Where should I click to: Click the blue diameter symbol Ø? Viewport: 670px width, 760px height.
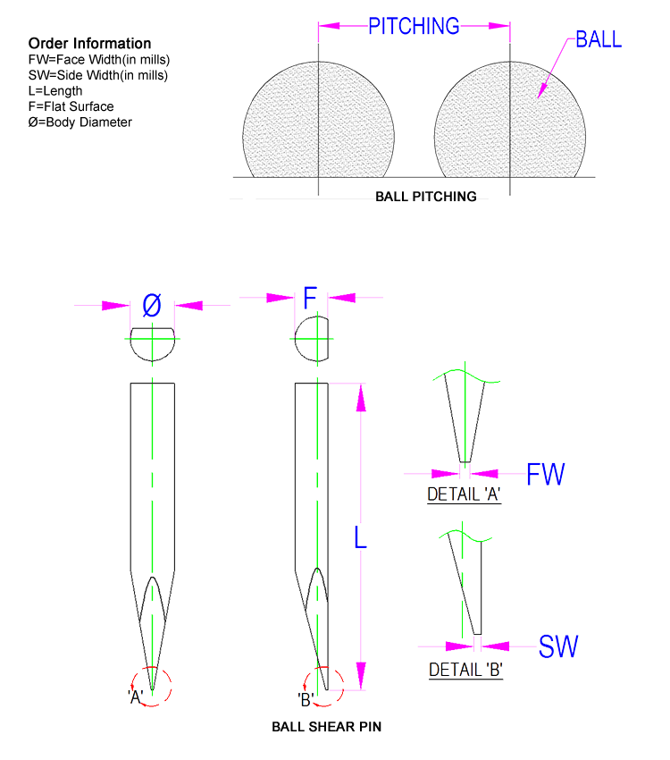click(152, 306)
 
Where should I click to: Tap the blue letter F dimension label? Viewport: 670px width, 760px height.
click(310, 299)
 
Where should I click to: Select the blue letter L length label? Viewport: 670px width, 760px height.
click(360, 536)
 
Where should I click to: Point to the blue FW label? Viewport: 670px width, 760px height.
click(546, 474)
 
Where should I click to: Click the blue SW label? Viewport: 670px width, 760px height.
click(558, 646)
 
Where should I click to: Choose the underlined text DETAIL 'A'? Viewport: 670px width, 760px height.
click(464, 494)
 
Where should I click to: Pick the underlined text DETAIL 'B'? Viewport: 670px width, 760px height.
click(465, 670)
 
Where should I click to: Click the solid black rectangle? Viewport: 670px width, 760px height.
click(92, 83)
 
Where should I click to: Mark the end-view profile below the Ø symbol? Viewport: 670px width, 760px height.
click(153, 343)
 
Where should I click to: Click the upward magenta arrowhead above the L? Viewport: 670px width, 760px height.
click(361, 398)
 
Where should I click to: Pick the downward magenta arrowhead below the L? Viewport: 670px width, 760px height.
click(361, 675)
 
